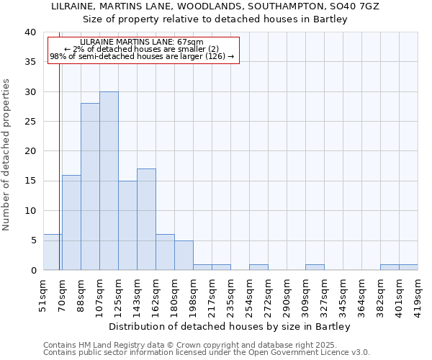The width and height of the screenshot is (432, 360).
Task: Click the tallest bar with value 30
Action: [x=109, y=181]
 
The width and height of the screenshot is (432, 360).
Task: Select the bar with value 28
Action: [x=90, y=186]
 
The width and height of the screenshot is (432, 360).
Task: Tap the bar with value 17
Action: [x=146, y=219]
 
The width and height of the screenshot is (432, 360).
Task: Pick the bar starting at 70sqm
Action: [x=71, y=222]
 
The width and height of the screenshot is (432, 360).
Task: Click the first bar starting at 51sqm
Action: [x=53, y=252]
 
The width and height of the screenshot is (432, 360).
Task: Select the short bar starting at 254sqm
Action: [x=258, y=267]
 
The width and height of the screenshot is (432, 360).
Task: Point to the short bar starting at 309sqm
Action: [x=315, y=267]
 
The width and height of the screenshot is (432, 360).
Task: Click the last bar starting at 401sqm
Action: [x=408, y=267]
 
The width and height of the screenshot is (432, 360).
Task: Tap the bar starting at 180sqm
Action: [x=184, y=255]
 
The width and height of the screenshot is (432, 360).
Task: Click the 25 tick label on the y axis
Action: [x=30, y=122]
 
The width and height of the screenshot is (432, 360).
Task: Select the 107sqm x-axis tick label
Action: [x=100, y=294]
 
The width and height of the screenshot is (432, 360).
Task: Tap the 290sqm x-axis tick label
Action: [x=287, y=294]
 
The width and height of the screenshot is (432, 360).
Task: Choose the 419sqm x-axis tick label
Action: [x=418, y=294]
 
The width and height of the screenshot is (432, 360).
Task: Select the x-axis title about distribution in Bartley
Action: [x=230, y=326]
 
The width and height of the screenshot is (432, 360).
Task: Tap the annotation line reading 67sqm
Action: [x=142, y=42]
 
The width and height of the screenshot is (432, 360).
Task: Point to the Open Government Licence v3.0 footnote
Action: [x=207, y=352]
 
